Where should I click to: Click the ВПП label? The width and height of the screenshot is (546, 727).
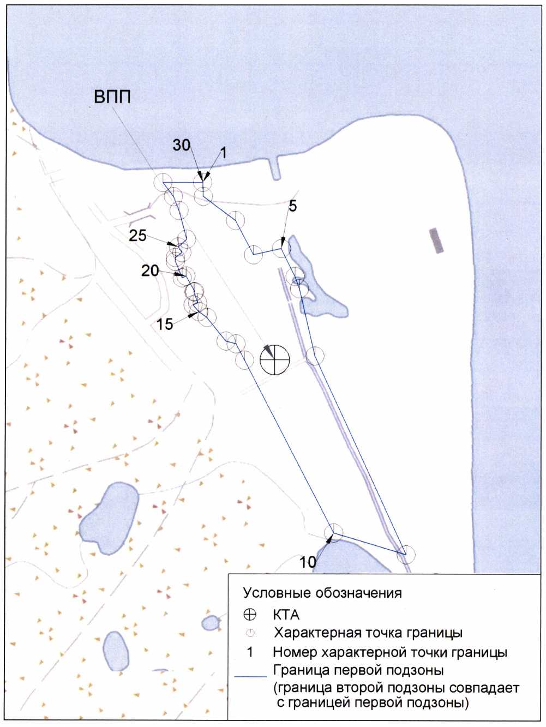(112, 98)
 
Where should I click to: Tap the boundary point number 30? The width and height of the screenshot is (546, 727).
(182, 145)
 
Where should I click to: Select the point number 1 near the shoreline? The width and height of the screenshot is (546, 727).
(224, 153)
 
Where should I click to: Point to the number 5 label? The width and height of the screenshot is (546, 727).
(293, 206)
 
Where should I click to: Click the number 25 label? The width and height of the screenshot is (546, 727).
(137, 236)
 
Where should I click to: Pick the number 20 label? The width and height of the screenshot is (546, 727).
(150, 271)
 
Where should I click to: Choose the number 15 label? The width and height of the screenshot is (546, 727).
(165, 325)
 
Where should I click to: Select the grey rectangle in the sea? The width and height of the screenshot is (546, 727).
(437, 241)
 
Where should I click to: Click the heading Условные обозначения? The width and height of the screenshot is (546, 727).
(322, 592)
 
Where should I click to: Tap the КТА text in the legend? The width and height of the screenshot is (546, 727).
(286, 615)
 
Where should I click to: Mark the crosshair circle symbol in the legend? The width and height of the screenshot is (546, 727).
(250, 615)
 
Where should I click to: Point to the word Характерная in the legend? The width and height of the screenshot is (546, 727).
(318, 633)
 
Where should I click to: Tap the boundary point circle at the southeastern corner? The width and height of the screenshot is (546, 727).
(406, 555)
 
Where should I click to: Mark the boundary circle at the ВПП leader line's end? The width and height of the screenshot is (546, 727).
(163, 182)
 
